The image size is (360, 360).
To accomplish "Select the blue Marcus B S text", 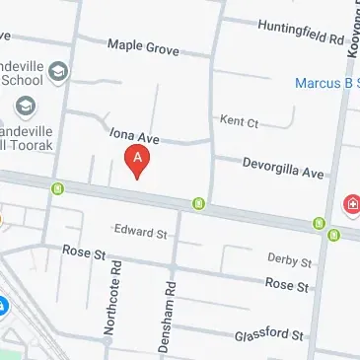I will (x=326, y=83).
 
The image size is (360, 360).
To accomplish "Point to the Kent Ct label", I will (x=239, y=122).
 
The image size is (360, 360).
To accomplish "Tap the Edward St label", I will (x=140, y=232).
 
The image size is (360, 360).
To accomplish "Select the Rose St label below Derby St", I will (x=287, y=283).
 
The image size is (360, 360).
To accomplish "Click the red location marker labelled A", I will (x=137, y=161).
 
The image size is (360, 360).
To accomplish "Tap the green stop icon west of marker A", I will (x=59, y=186).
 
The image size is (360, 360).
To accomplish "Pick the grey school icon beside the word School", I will (x=59, y=71).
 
